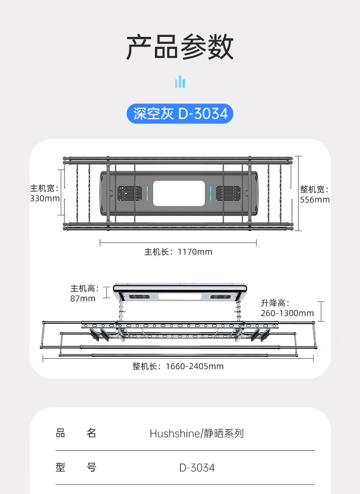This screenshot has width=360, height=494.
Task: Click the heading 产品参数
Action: pos(180,47)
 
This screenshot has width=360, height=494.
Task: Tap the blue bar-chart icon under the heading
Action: pos(180,82)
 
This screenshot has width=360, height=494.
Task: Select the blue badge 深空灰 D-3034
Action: pos(180,113)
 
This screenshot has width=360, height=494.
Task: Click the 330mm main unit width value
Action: pos(45,199)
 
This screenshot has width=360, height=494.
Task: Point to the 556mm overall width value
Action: pos(315,200)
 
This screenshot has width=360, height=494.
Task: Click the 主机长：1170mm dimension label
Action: pos(178,252)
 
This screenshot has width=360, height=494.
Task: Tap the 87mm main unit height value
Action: pos(83,298)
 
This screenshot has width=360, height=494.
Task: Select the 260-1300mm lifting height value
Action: pos(287,313)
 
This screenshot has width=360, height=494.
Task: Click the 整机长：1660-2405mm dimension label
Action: pos(178,366)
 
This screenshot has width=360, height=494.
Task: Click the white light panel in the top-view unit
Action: pos(178,193)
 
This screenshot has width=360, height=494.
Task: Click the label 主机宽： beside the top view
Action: pos(45,188)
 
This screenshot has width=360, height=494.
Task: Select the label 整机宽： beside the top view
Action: pos(314,189)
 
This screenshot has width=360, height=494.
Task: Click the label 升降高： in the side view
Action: pos(275,303)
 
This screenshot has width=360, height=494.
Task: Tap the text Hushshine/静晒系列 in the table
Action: pos(197,433)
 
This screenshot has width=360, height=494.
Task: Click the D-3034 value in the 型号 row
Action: pos(197,468)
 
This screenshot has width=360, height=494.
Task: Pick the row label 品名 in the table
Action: pos(76,433)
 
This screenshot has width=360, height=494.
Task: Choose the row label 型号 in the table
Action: pos(76,467)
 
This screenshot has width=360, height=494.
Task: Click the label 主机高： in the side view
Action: pos(85,288)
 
